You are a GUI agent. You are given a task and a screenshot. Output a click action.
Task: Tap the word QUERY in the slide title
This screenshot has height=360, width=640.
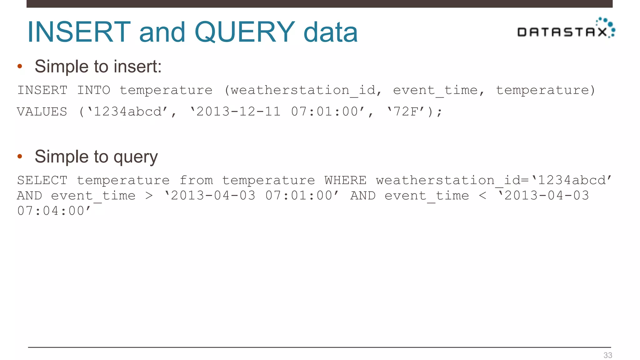pyautogui.click(x=244, y=32)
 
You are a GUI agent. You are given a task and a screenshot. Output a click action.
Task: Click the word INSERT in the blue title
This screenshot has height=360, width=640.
pyautogui.click(x=79, y=32)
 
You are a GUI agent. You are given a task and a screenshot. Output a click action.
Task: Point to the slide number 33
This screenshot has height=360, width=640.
pyautogui.click(x=607, y=355)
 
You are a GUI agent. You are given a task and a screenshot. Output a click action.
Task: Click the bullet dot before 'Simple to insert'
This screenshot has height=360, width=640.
pyautogui.click(x=20, y=66)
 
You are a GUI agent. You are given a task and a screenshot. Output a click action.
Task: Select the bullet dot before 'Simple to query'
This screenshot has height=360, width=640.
pyautogui.click(x=20, y=156)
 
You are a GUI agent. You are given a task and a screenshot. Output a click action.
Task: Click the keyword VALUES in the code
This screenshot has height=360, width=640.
pyautogui.click(x=42, y=112)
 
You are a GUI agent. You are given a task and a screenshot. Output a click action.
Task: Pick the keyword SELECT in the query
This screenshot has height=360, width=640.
pyautogui.click(x=42, y=180)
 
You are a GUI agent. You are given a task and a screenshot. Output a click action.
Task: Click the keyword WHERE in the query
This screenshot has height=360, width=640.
pyautogui.click(x=345, y=180)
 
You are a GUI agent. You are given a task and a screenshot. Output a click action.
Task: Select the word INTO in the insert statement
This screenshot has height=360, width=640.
pyautogui.click(x=93, y=90)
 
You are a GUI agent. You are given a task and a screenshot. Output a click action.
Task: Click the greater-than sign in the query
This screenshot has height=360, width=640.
pyautogui.click(x=149, y=196)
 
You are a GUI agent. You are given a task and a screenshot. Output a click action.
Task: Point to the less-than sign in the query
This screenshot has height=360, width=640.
pyautogui.click(x=482, y=196)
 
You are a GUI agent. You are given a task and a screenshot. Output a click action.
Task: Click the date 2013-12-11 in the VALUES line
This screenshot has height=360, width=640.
pyautogui.click(x=238, y=112)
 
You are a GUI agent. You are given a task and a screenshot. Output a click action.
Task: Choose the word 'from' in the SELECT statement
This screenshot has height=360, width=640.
pyautogui.click(x=196, y=180)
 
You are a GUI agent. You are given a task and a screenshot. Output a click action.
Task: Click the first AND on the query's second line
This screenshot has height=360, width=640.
pyautogui.click(x=29, y=196)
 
